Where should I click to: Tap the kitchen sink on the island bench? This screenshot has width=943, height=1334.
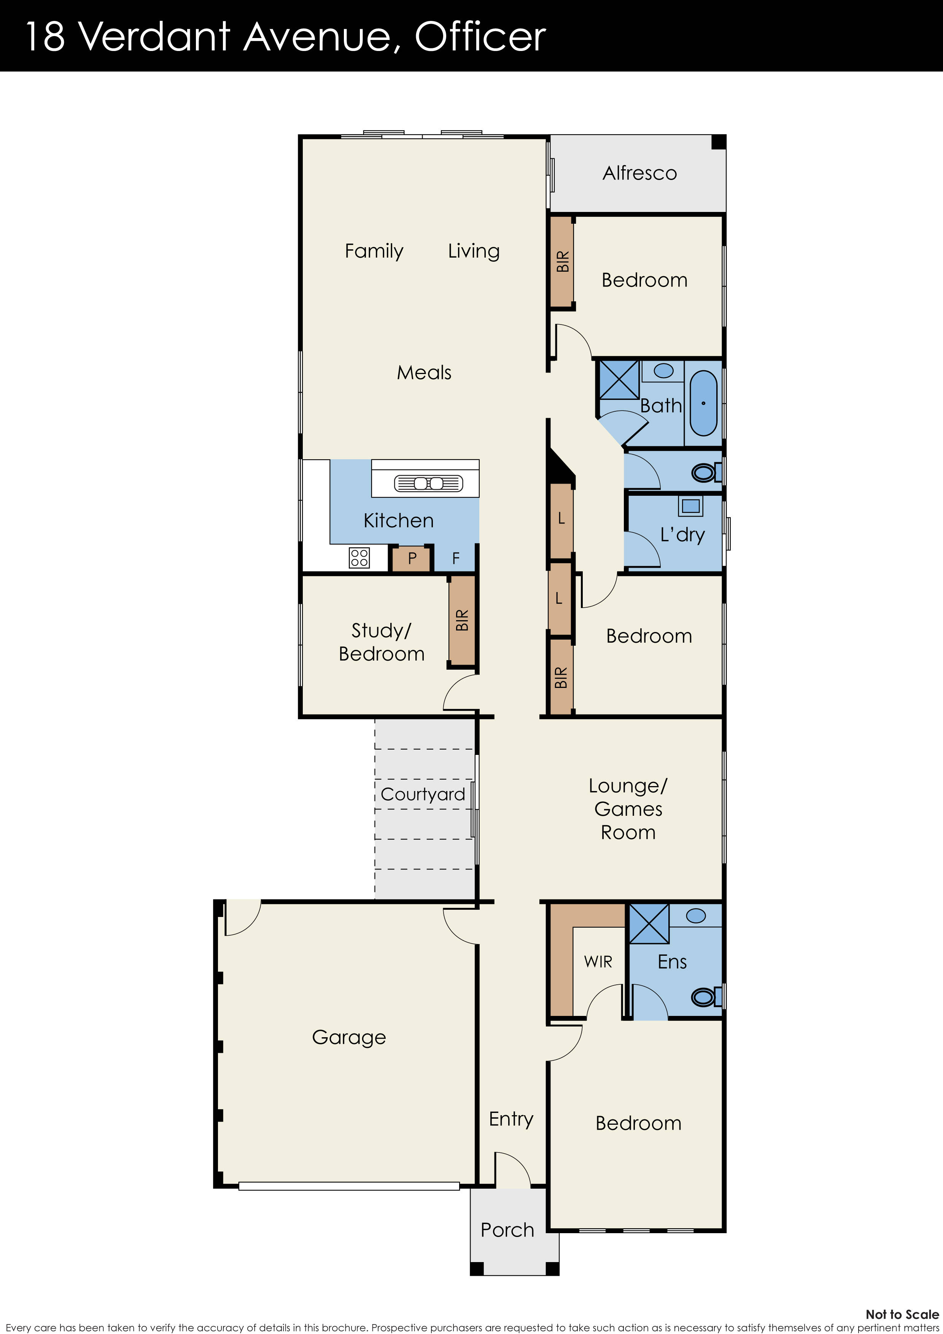(428, 483)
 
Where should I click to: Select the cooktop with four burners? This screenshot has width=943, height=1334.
(359, 557)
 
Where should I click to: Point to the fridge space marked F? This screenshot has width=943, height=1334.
(455, 558)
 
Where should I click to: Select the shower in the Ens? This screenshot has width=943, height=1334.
(649, 923)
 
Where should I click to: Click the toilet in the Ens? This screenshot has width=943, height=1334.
(705, 997)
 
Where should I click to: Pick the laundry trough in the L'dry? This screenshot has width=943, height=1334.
(690, 505)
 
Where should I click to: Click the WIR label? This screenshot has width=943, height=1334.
(598, 961)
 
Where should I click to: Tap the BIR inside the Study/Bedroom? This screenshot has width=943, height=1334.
(462, 621)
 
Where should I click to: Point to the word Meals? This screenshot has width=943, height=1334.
(423, 373)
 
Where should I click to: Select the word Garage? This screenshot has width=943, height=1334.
(348, 1037)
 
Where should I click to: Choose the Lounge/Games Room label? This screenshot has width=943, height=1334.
(628, 809)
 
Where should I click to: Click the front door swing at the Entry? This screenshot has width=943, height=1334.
(511, 1169)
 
